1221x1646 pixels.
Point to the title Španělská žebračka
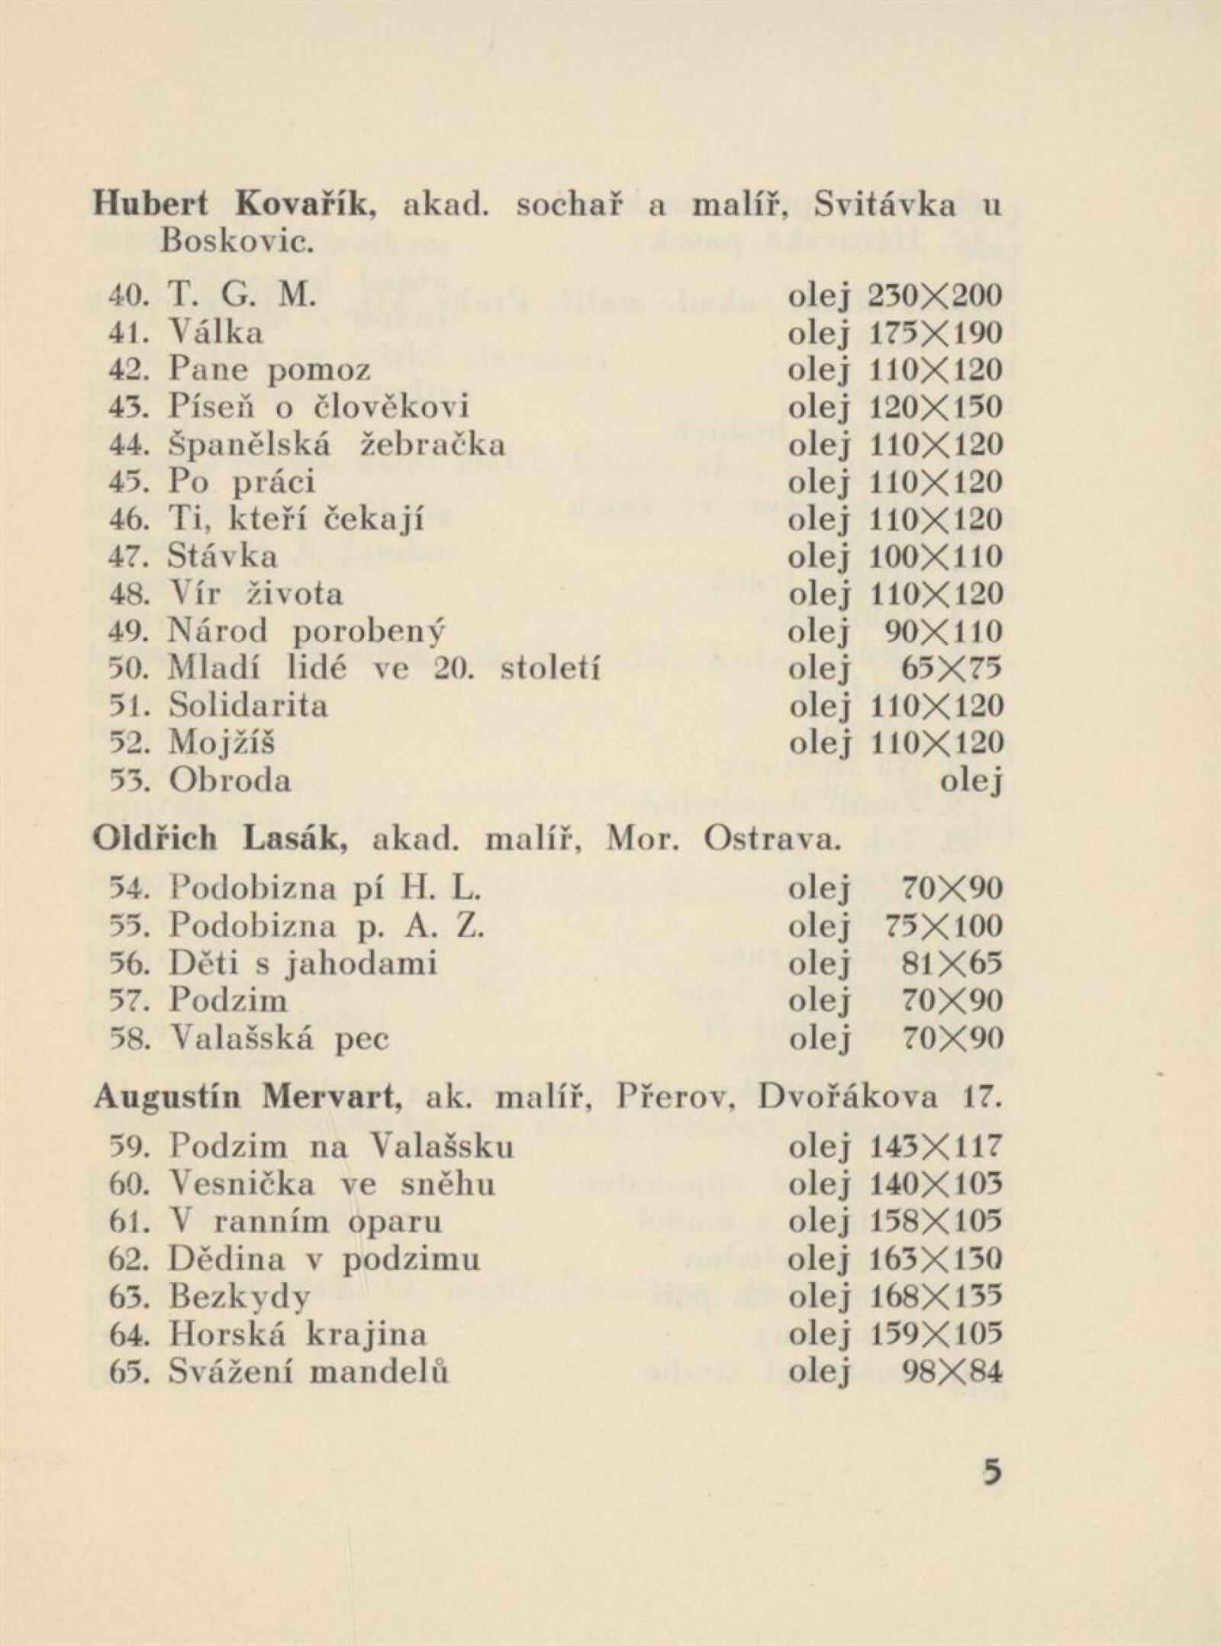(337, 445)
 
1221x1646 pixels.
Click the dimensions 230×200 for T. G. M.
(936, 295)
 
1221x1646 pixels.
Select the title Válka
(216, 333)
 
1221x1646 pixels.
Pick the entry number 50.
(133, 669)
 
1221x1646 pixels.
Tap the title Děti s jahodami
(303, 963)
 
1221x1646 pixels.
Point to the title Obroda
(230, 781)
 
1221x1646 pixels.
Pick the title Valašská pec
(279, 1038)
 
